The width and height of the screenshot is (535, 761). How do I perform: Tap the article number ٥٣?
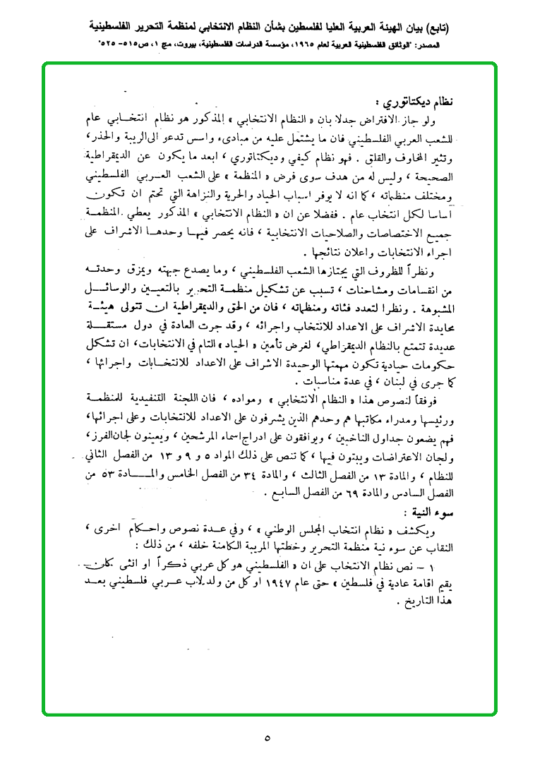click(x=92, y=478)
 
